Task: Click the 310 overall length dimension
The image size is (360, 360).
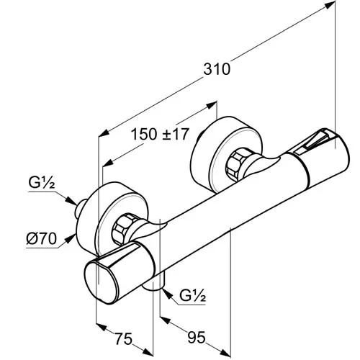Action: [217, 69]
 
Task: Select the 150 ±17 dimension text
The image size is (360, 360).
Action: [160, 134]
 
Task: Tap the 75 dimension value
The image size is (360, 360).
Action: [124, 338]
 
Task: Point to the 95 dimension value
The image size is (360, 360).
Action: [197, 337]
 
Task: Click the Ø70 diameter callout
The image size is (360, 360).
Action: [42, 239]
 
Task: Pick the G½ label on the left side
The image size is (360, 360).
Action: [42, 183]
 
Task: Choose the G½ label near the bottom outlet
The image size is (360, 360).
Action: [193, 296]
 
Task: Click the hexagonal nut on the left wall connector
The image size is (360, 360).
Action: [123, 230]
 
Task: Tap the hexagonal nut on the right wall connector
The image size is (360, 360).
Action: [238, 165]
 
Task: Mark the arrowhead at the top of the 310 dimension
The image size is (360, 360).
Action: [330, 5]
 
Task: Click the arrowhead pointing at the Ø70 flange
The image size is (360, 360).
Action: [70, 239]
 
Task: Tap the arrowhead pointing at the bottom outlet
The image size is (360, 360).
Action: [168, 294]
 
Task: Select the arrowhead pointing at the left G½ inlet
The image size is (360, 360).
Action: [71, 201]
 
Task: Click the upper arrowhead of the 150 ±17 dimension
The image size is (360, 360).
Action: [211, 105]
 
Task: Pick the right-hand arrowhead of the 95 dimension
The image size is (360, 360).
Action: [225, 352]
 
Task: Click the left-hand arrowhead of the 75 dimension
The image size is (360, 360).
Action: [102, 327]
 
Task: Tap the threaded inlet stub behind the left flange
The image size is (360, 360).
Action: [81, 209]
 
